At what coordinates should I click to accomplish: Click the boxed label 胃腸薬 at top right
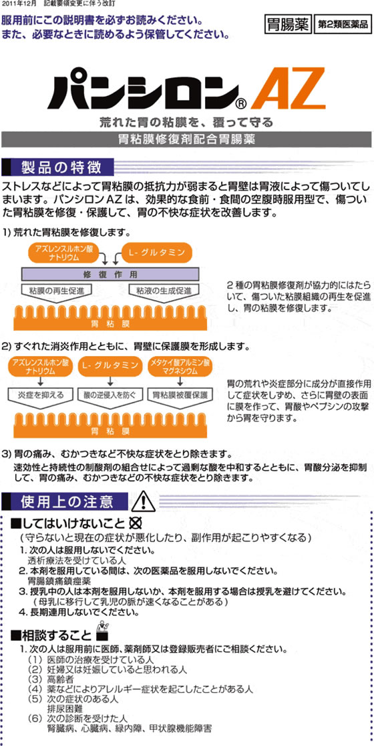pos(288,24)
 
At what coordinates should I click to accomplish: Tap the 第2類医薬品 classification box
pos(343,25)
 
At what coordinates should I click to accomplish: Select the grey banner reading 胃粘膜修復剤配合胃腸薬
pos(187,139)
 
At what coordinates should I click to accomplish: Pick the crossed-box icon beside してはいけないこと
pos(137,524)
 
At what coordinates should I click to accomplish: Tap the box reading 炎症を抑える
pos(41,395)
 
